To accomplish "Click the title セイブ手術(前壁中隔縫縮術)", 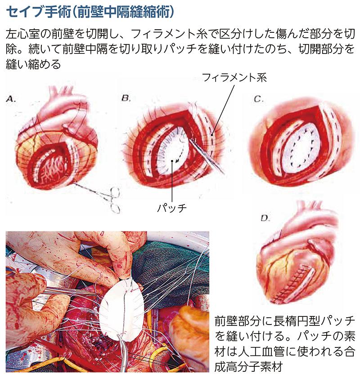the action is point(90,12).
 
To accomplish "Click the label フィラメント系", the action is point(234,78).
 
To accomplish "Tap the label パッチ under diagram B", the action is point(172,208).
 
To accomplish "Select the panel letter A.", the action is point(11,99).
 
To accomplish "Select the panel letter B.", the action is point(126,98).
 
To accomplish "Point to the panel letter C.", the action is point(258,99).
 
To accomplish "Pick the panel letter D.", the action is point(265,218).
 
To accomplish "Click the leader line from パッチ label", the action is point(172,181).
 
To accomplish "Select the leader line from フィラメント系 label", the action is point(223,110).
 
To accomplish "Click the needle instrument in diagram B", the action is point(207,156).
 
